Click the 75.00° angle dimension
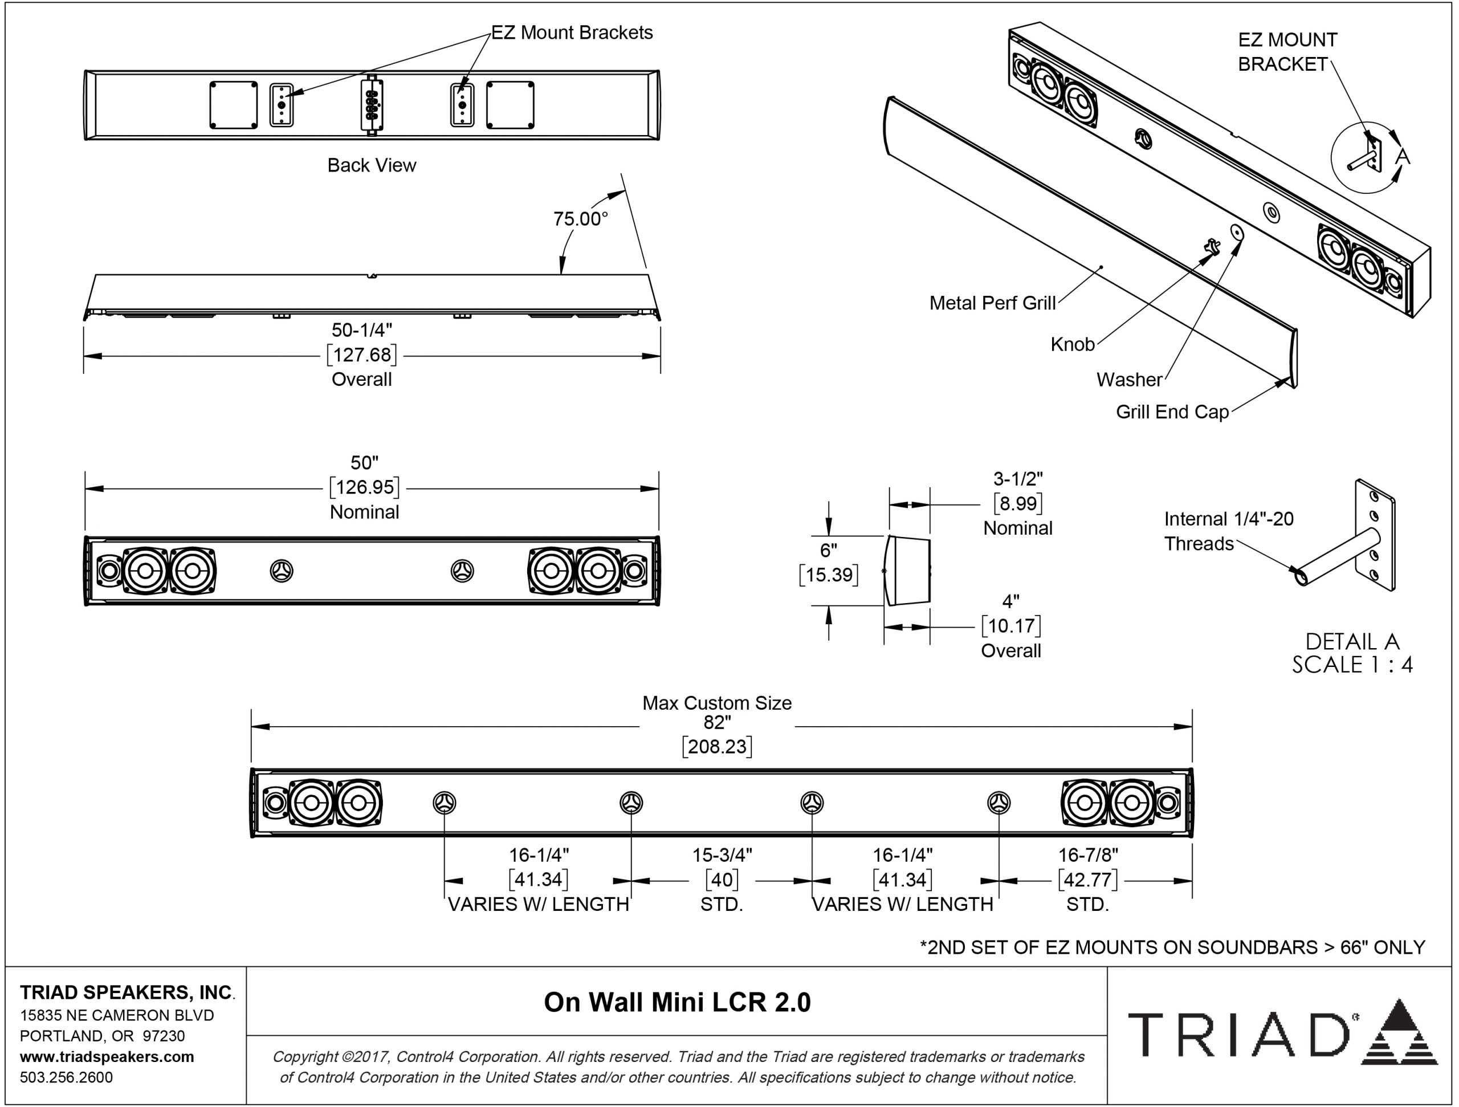[x=580, y=218]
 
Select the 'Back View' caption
[x=372, y=165]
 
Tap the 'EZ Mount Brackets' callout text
[x=571, y=32]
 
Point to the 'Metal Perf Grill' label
[x=992, y=303]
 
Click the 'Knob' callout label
[x=1072, y=344]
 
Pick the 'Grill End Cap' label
[x=1172, y=412]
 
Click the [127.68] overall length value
[x=362, y=355]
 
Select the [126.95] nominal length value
[x=365, y=487]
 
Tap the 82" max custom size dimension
[x=717, y=722]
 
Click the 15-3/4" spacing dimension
[x=722, y=855]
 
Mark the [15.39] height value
[x=829, y=575]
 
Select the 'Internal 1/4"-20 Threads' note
[x=1228, y=531]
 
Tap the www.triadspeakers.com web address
[x=107, y=1056]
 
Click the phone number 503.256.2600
[x=66, y=1077]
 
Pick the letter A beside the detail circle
[x=1401, y=156]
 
